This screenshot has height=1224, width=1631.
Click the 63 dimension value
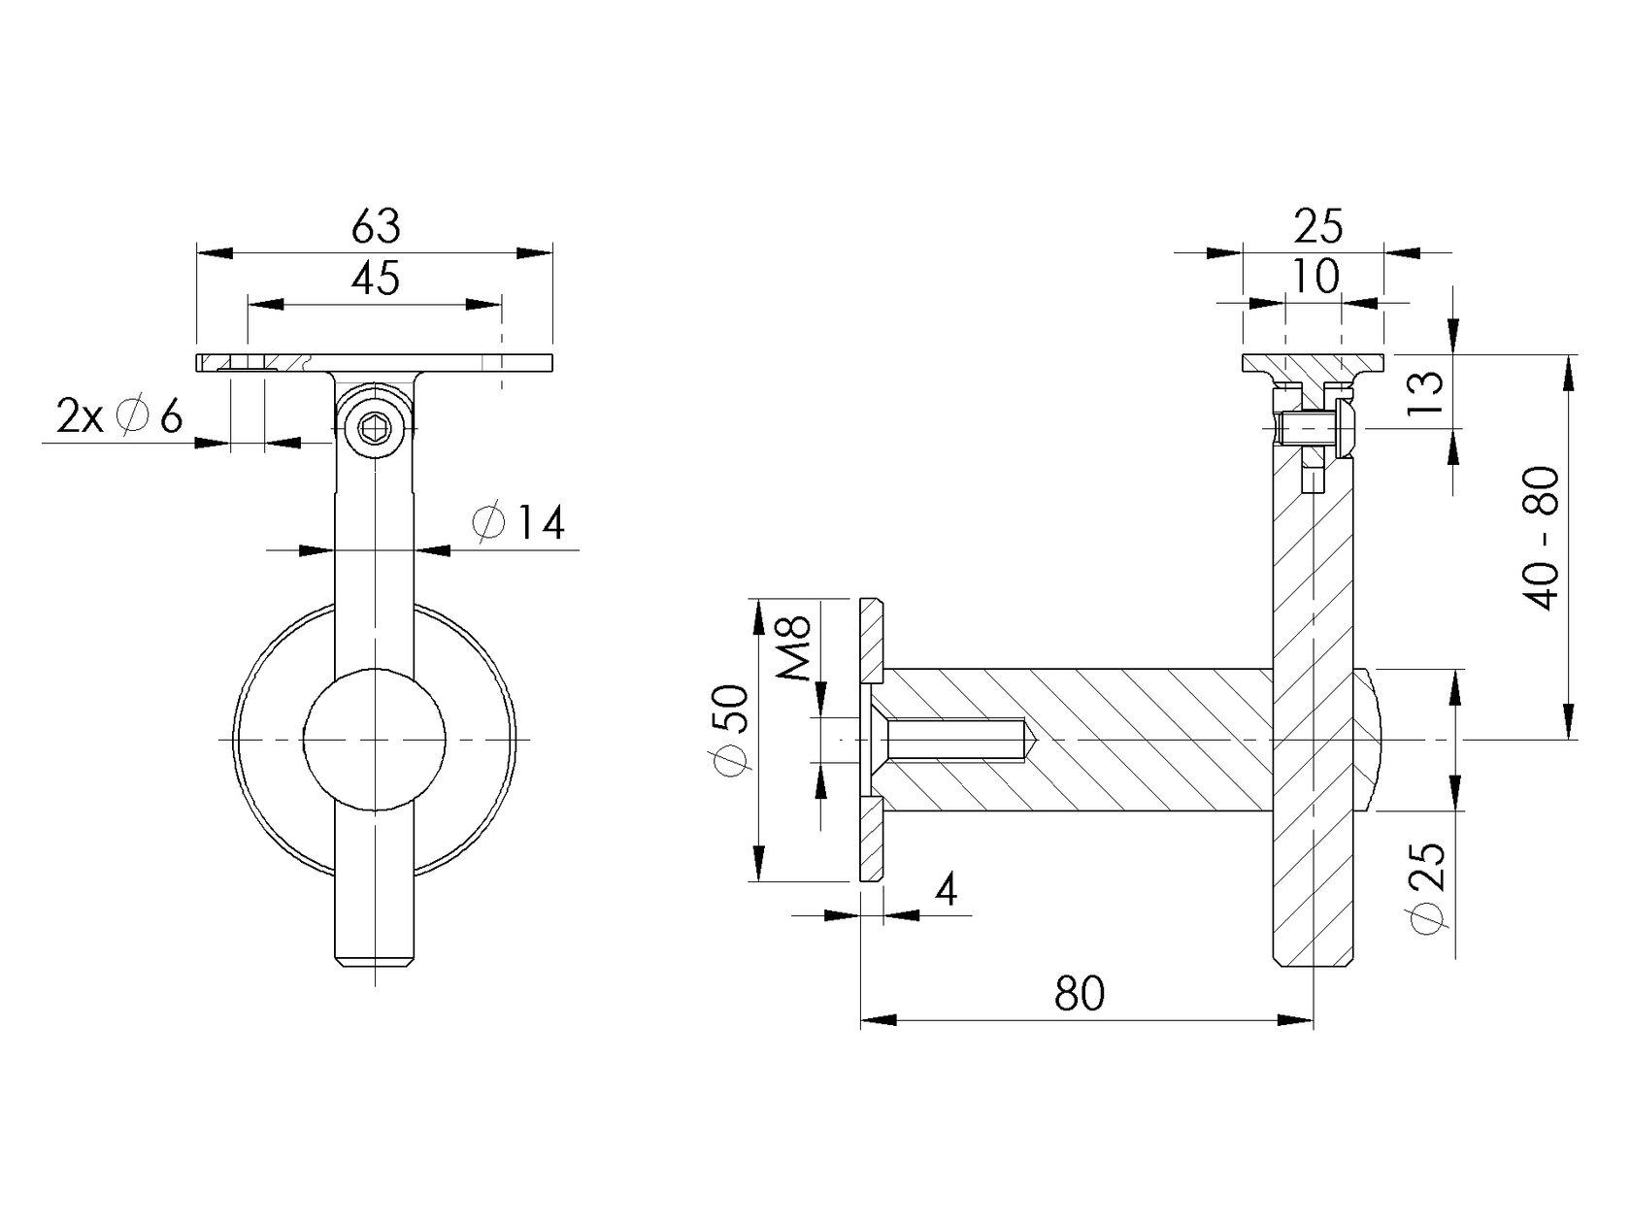coord(376,227)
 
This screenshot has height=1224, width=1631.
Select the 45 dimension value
coord(376,280)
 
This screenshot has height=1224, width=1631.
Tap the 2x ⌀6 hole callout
coord(118,417)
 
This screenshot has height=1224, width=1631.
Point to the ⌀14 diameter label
coord(519,524)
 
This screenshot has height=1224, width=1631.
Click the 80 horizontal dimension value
coord(1080,994)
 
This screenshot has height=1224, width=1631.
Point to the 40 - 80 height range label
coord(1542,540)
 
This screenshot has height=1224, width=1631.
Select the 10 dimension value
coord(1315,277)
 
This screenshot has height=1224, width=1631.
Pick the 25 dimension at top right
coord(1317,227)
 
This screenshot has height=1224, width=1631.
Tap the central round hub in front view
coord(375,740)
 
